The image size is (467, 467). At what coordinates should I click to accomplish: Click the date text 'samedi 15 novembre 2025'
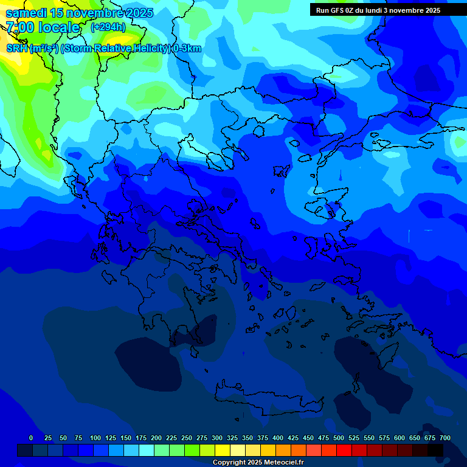point(79,13)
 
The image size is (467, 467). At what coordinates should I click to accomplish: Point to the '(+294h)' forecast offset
point(108,27)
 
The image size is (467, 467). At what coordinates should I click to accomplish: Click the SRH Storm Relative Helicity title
point(103,49)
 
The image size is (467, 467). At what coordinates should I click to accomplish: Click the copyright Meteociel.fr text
point(258,463)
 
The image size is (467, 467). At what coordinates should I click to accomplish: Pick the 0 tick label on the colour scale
point(31,438)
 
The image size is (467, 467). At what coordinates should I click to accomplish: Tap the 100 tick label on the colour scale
point(95,438)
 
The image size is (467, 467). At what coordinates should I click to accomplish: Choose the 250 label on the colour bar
point(186,438)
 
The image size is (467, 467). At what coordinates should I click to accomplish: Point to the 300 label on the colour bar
point(216,438)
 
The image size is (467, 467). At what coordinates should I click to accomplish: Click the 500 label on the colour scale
point(338,438)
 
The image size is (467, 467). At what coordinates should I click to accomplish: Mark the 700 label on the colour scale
point(445,438)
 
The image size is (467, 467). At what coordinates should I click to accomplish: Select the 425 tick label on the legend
point(292,438)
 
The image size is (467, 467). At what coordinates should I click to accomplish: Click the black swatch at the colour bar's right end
point(435,450)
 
